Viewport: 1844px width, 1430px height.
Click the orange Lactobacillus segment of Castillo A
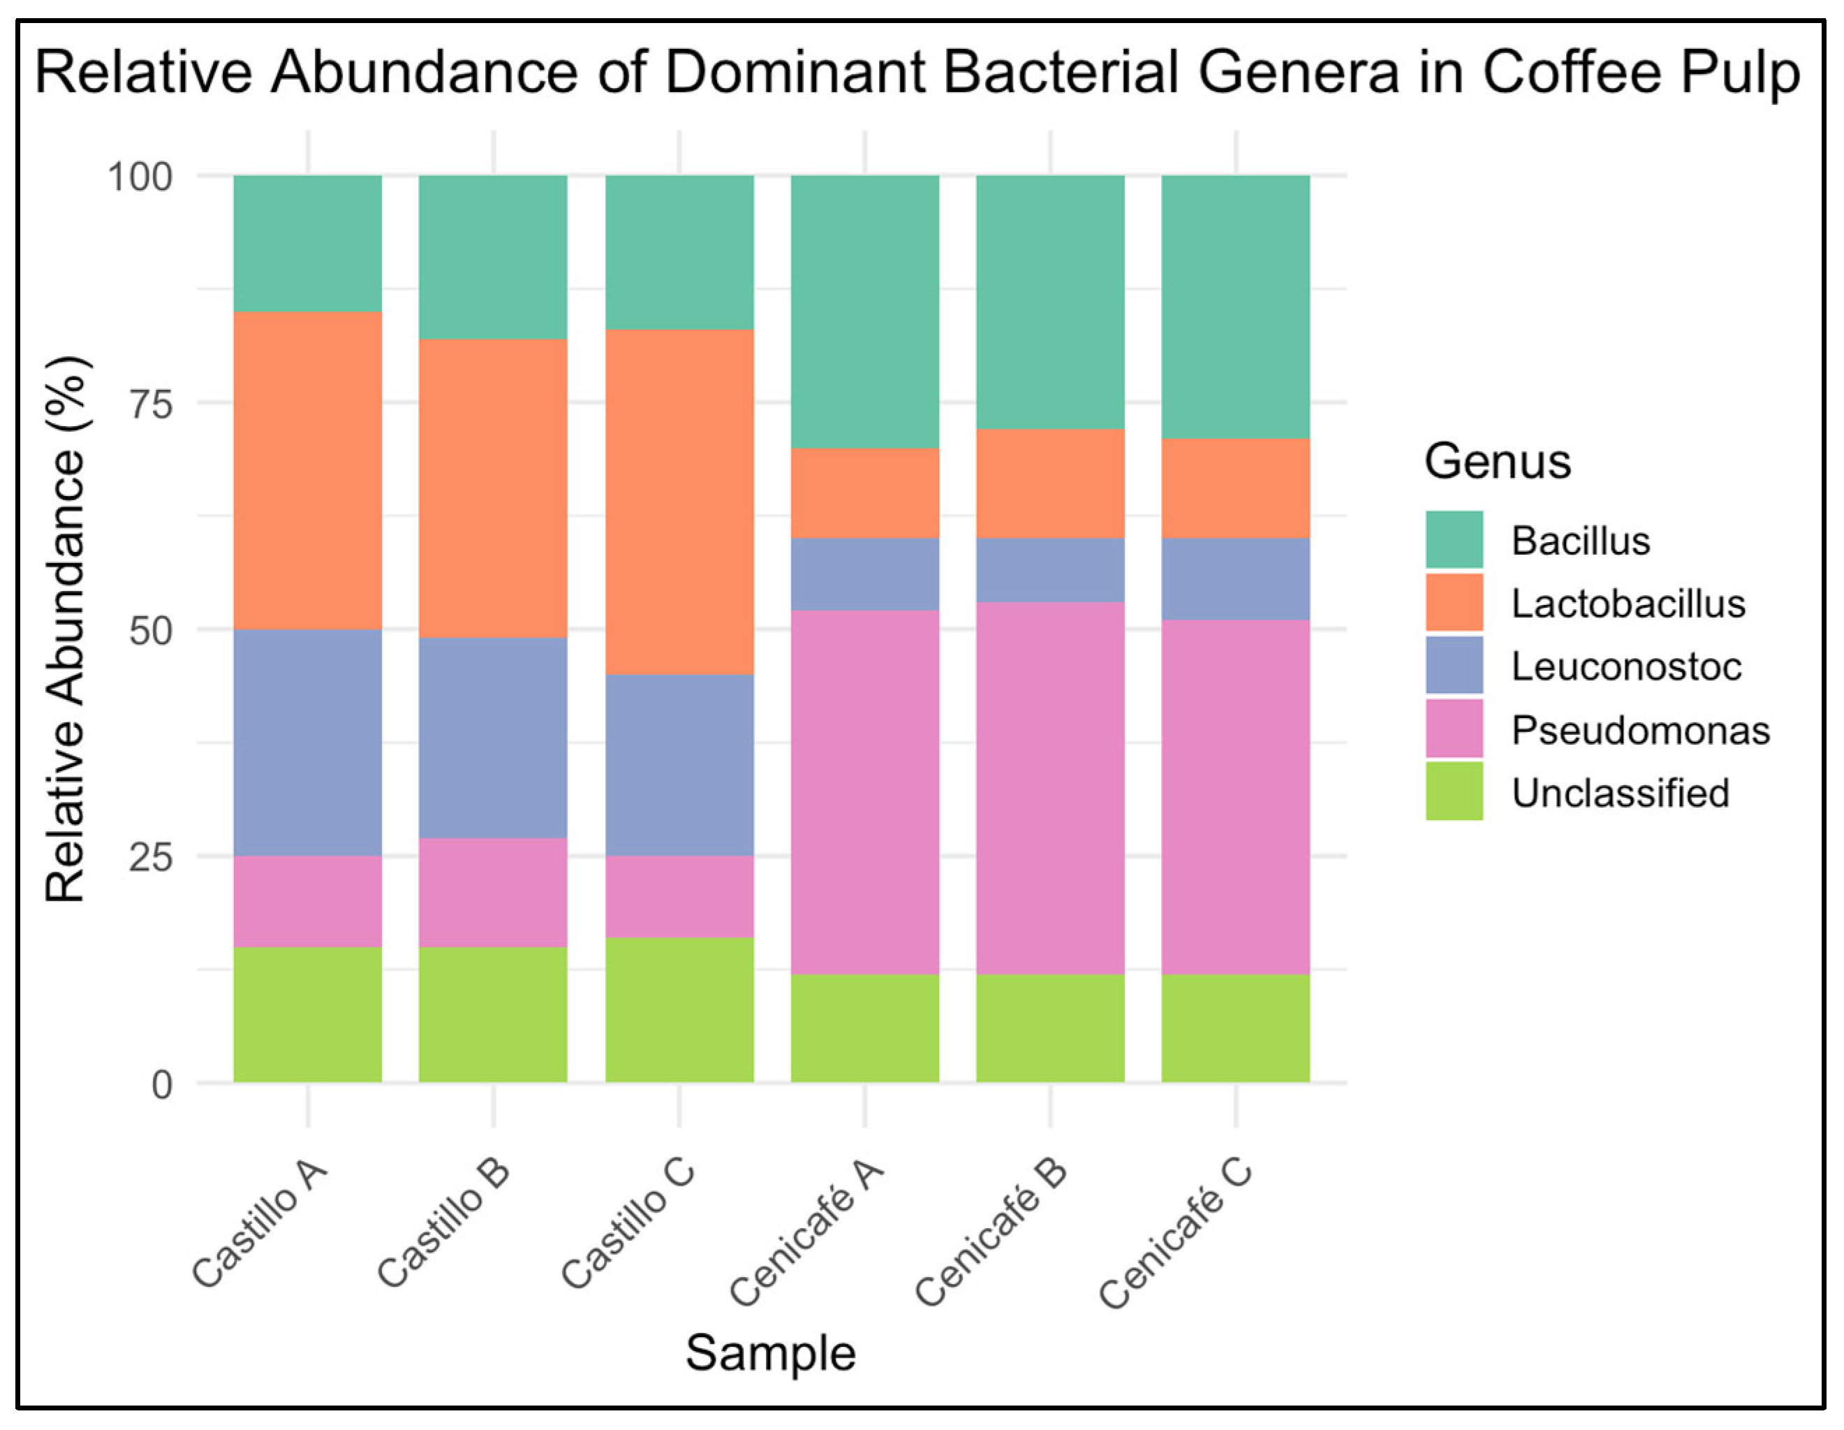[307, 470]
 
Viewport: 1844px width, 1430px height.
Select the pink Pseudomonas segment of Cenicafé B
[1050, 788]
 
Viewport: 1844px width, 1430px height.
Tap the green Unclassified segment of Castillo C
[679, 1009]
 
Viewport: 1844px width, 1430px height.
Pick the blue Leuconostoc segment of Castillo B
[493, 738]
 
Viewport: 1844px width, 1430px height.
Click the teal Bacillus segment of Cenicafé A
[864, 312]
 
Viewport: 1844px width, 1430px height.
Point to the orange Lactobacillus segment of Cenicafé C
[1235, 488]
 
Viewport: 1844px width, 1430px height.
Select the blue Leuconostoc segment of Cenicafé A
[864, 574]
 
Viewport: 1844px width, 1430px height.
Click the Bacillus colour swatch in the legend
[1454, 539]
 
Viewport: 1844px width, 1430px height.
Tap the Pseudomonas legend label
[1639, 730]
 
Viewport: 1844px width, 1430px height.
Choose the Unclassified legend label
[1619, 793]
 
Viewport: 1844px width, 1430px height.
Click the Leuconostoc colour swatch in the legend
[1454, 666]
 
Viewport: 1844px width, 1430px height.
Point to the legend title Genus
[1497, 461]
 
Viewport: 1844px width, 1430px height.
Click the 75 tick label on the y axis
[150, 404]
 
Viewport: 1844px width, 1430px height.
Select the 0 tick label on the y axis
[161, 1084]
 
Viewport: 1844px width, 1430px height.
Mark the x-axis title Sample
[770, 1353]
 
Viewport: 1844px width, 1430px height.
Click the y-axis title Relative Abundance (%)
[66, 629]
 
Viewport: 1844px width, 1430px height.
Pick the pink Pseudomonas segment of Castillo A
[307, 901]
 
